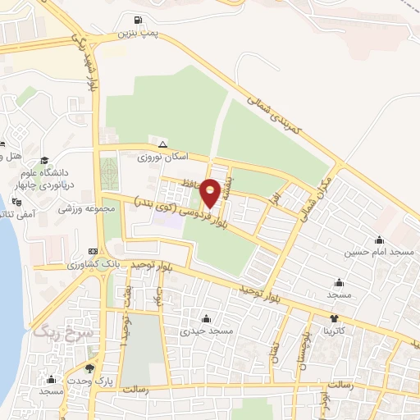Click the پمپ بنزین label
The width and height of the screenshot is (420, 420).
(x=135, y=34)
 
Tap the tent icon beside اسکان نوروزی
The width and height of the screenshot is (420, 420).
(x=162, y=144)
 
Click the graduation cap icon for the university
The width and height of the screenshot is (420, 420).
(x=43, y=160)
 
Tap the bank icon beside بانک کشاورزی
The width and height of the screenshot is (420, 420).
(x=93, y=252)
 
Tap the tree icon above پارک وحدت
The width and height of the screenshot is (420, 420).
(x=89, y=368)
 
